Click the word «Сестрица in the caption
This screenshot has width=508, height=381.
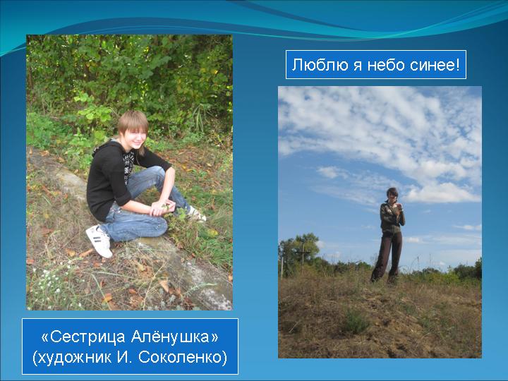point(83,337)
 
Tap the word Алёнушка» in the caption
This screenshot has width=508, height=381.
point(175,337)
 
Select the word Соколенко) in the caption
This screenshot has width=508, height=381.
point(183,357)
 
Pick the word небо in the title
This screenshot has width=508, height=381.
point(385,65)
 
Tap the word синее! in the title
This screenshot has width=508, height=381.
point(435,65)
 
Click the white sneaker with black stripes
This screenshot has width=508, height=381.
point(99,241)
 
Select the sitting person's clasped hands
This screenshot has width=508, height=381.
point(162,208)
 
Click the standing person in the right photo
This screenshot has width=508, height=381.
point(388,235)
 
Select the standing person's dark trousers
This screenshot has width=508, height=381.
point(387,256)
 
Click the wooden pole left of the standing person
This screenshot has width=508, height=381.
point(303,258)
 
